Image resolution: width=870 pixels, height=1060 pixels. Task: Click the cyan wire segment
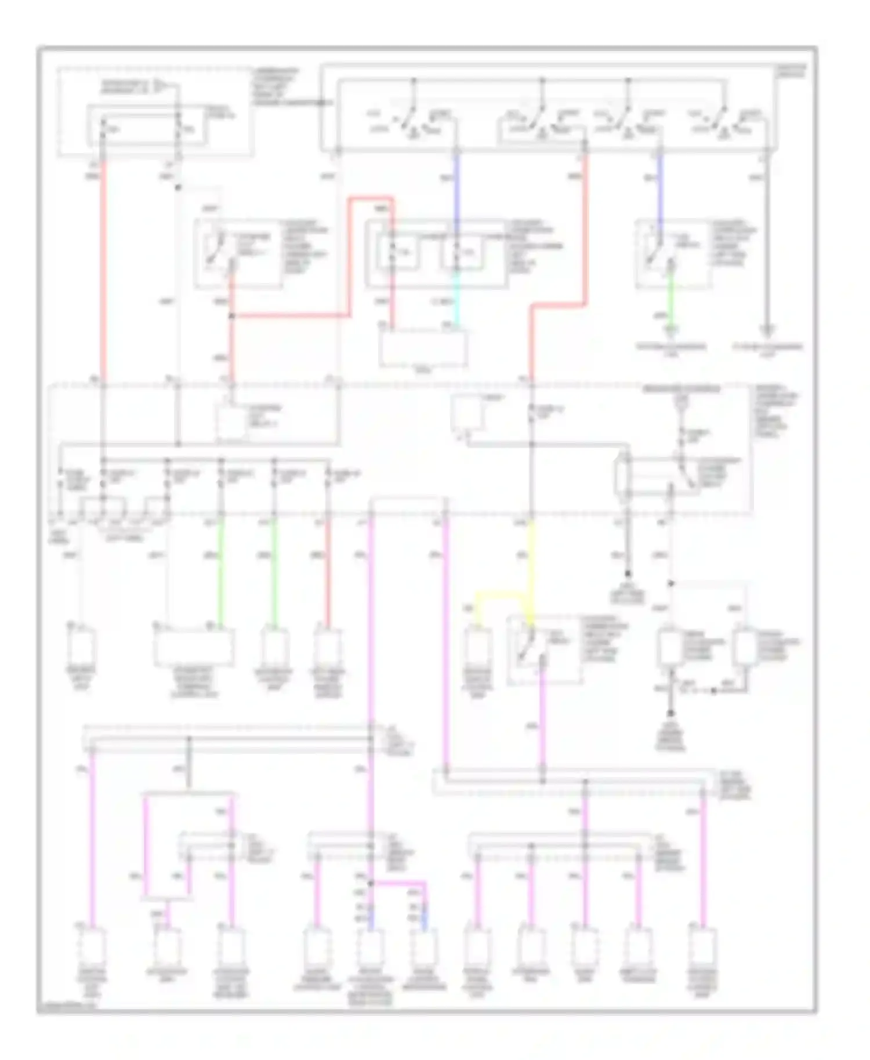click(456, 299)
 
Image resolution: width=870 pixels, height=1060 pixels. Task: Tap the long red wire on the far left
click(103, 273)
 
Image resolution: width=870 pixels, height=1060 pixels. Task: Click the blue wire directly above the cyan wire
click(456, 186)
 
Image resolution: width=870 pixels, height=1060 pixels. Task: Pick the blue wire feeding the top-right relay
click(659, 191)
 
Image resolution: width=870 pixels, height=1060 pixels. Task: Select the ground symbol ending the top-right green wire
click(671, 332)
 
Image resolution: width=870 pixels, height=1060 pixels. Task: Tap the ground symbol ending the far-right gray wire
click(767, 332)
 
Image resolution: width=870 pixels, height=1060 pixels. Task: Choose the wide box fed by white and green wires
click(194, 647)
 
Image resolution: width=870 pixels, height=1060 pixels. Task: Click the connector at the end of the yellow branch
click(477, 647)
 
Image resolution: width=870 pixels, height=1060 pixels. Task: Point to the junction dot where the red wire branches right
click(231, 316)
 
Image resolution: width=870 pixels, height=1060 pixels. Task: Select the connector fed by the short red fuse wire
click(327, 647)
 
